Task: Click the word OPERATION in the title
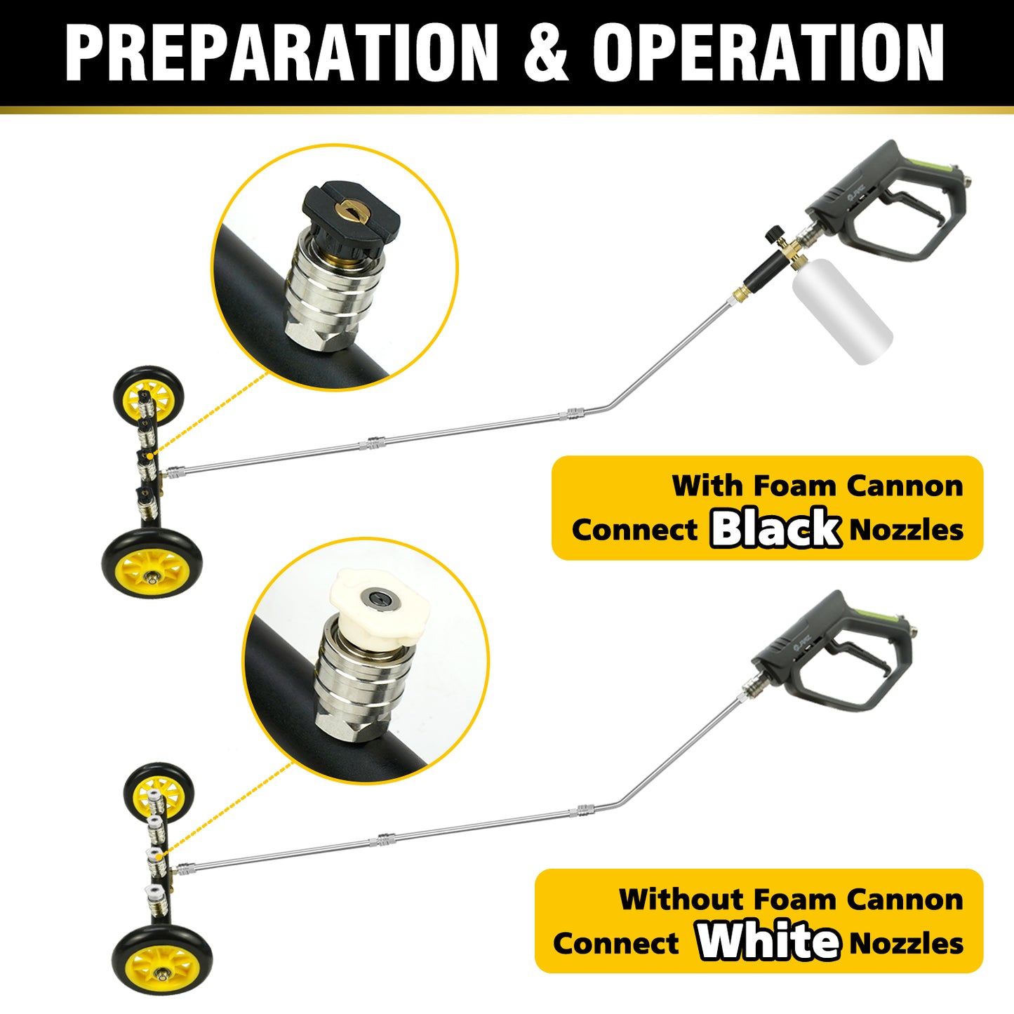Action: pyautogui.click(x=768, y=53)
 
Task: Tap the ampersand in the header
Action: pyautogui.click(x=545, y=53)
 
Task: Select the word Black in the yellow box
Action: pyautogui.click(x=775, y=528)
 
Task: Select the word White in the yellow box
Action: pyautogui.click(x=768, y=942)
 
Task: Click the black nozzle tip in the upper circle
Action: pyautogui.click(x=351, y=213)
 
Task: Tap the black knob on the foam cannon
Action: pyautogui.click(x=773, y=233)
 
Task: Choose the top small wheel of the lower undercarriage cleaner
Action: pyautogui.click(x=158, y=792)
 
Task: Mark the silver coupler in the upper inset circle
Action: pyautogui.click(x=335, y=295)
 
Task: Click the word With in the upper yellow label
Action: pyautogui.click(x=707, y=486)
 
